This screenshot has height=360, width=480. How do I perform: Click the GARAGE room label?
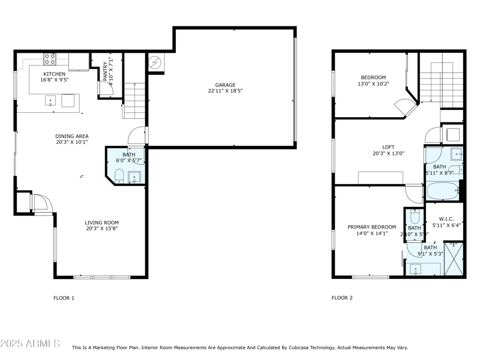226,85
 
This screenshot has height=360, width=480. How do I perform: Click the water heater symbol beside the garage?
155,62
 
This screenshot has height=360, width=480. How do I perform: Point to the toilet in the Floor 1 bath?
119,175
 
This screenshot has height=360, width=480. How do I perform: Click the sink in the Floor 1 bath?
134,176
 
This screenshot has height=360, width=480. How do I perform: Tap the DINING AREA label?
71,136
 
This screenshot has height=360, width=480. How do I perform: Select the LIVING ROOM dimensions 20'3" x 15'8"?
102,228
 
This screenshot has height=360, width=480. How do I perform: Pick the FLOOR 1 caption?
64,298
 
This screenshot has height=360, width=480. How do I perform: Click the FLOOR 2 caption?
342,298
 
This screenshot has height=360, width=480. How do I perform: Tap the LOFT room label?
388,146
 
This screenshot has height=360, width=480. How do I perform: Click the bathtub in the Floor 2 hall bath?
442,192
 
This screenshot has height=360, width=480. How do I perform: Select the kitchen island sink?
51,100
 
